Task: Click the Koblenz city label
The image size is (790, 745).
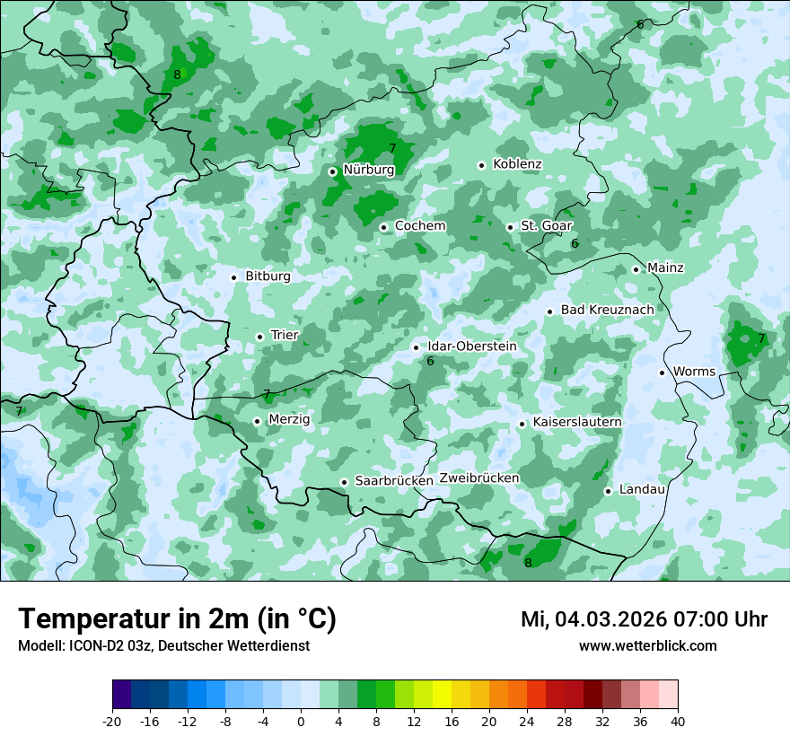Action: [x=517, y=164]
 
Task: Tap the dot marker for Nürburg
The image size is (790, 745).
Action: [x=332, y=171]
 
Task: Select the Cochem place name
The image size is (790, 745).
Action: [x=420, y=226]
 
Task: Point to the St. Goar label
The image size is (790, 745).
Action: [x=547, y=226]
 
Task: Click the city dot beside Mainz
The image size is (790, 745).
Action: [x=636, y=269]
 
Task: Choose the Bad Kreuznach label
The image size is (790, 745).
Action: [x=607, y=310]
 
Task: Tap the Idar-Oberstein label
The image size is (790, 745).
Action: [x=472, y=346]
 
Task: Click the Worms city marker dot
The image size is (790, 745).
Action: [x=662, y=372]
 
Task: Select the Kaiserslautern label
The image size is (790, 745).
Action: [x=577, y=422]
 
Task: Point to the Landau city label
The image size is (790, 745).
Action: [x=642, y=489]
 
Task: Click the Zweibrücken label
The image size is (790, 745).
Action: [x=479, y=478]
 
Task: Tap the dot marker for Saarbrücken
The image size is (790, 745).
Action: [x=344, y=482]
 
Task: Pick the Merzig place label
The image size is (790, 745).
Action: [x=289, y=419]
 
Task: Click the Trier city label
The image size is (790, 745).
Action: [x=285, y=335]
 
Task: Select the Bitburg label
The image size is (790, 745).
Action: [x=268, y=276]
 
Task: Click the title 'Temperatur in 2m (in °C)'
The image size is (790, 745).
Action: [x=177, y=618]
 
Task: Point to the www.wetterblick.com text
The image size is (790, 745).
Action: [x=647, y=645]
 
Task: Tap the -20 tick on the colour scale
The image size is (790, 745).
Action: [x=112, y=722]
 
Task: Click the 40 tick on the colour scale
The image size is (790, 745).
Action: [x=677, y=722]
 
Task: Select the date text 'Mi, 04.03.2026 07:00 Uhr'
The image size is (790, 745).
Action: [x=644, y=619]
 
